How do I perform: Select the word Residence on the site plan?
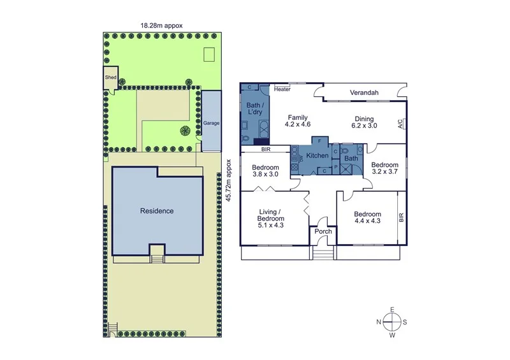pyautogui.click(x=157, y=211)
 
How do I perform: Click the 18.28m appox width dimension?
pyautogui.click(x=162, y=25)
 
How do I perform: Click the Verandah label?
pyautogui.click(x=363, y=93)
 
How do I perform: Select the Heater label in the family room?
pyautogui.click(x=282, y=89)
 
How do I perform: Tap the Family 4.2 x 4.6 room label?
pyautogui.click(x=297, y=121)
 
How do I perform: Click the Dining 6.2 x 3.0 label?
pyautogui.click(x=364, y=122)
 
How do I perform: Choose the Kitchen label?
pyautogui.click(x=317, y=155)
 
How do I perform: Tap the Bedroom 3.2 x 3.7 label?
pyautogui.click(x=384, y=168)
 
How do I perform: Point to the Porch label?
pyautogui.click(x=323, y=231)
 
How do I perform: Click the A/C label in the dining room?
pyautogui.click(x=400, y=124)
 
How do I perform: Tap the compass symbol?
pyautogui.click(x=393, y=322)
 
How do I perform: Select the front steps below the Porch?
pyautogui.click(x=323, y=253)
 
